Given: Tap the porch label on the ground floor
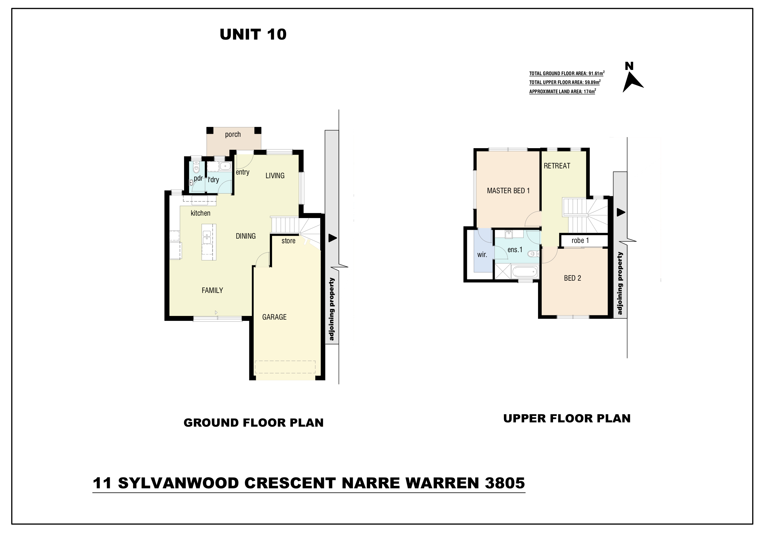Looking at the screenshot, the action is [233, 135].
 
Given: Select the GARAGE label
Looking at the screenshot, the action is [274, 317].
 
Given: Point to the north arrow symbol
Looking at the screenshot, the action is [632, 82].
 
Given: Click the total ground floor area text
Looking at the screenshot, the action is [567, 73].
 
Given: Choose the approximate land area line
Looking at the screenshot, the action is [563, 91].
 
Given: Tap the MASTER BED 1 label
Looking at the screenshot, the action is [508, 190].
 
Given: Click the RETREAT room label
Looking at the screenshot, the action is [557, 166].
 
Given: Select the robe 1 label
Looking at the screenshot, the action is [580, 240].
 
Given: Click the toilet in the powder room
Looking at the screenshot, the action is [196, 167].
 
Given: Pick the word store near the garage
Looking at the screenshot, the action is [288, 241].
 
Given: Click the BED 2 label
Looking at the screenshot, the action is [572, 278].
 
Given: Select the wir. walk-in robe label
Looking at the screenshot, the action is [482, 255].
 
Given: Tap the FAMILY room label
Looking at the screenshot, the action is [212, 290].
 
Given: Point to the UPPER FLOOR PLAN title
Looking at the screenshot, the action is [567, 418].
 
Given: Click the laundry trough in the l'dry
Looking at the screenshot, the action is [225, 166].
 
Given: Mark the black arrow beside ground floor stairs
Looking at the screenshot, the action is [332, 238].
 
